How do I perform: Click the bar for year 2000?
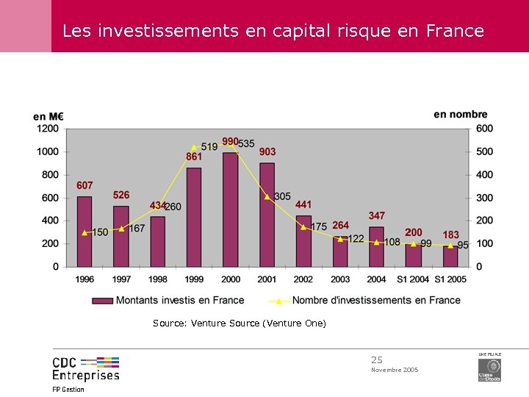[231, 210]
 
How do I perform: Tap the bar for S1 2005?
[450, 256]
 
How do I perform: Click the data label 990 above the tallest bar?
[230, 141]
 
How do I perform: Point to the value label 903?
[267, 152]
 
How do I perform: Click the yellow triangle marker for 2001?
[267, 196]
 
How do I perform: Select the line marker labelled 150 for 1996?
[84, 232]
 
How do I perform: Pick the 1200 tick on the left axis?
[48, 129]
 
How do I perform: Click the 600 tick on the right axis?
[484, 129]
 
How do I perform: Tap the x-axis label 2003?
[340, 279]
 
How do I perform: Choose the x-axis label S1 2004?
[413, 279]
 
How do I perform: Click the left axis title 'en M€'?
[48, 116]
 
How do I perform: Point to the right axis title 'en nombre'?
[461, 114]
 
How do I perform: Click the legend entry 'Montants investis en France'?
[168, 300]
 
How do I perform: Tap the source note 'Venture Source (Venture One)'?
[259, 323]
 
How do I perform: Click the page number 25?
[377, 360]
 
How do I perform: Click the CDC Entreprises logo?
[85, 368]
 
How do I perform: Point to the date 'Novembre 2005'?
[395, 370]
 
